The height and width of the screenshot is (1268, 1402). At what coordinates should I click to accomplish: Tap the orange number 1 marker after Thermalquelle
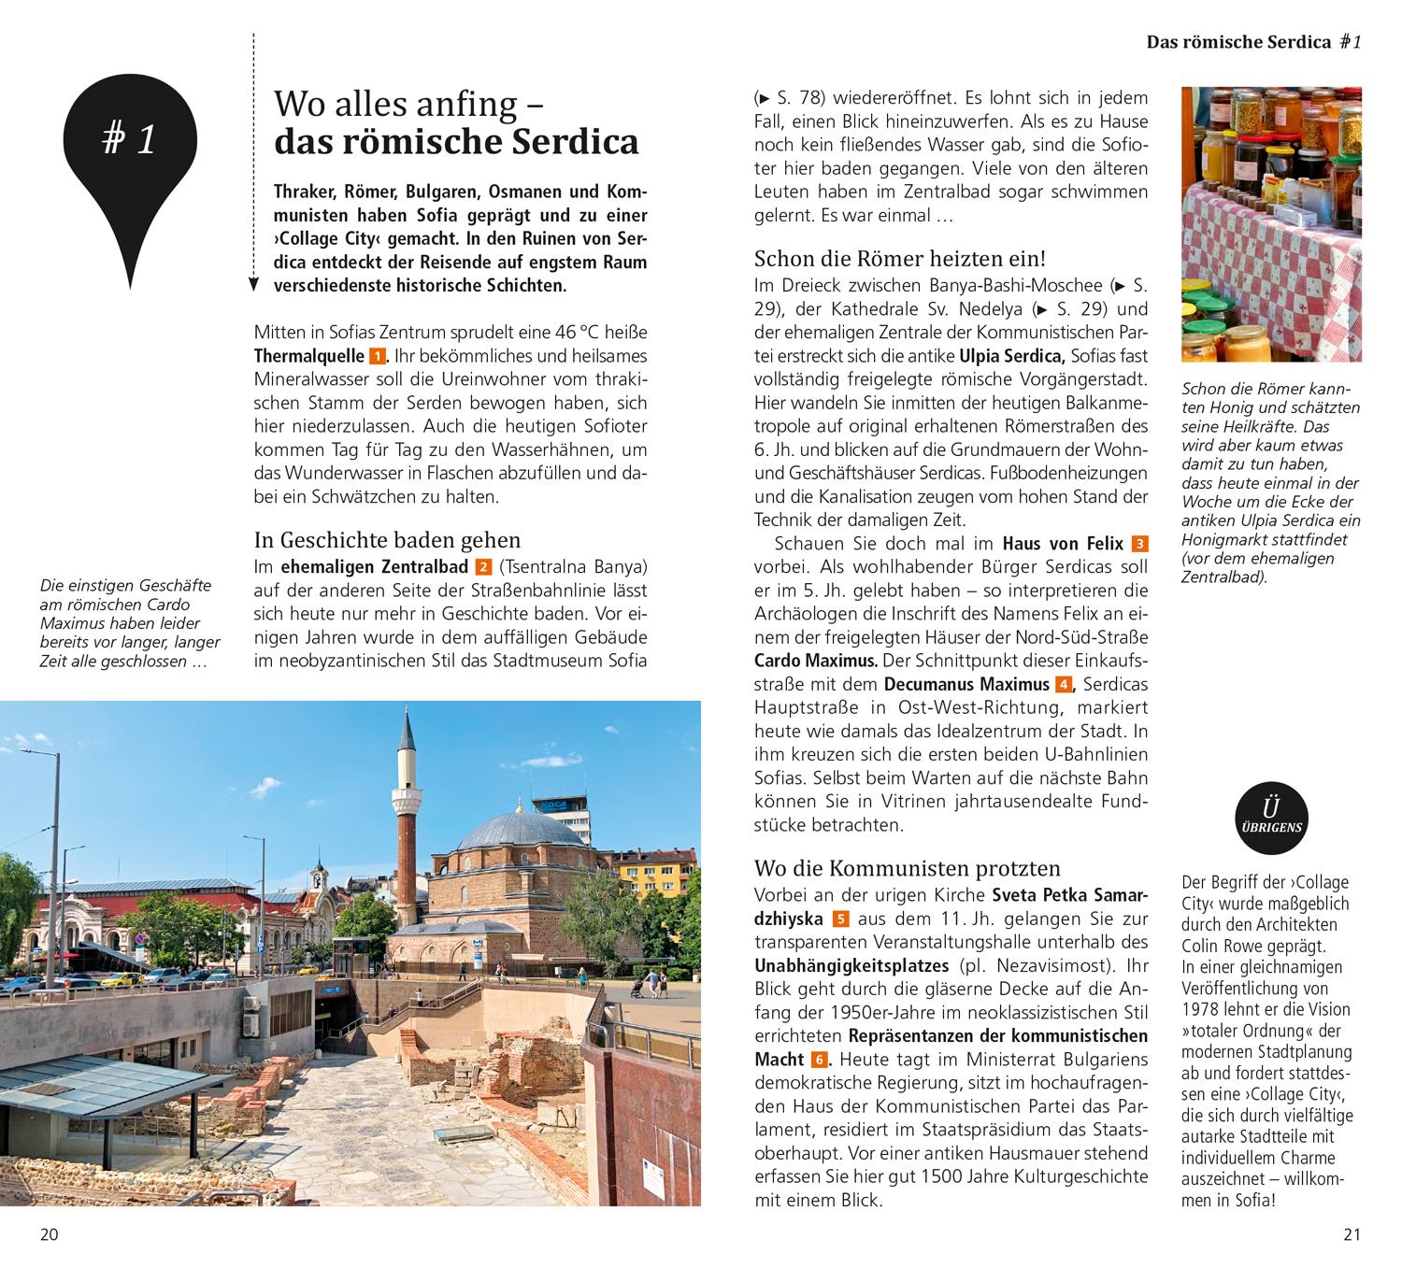pos(377,356)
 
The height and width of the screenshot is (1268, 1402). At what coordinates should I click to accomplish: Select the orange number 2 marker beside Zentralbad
pos(482,567)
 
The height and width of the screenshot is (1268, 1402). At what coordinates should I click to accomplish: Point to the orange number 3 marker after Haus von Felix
pos(1138,544)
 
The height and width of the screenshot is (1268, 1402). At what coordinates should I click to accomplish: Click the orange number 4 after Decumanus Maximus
pos(1063,684)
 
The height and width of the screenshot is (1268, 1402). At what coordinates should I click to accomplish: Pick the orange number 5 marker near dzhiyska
pos(840,919)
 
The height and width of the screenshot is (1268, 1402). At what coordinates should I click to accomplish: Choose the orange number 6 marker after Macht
pos(819,1060)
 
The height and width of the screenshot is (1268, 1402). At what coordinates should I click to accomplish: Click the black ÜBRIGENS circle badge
pos(1270,819)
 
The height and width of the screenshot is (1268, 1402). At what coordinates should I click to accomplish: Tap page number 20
pos(50,1234)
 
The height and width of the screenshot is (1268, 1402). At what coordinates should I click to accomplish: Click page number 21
pos(1352,1234)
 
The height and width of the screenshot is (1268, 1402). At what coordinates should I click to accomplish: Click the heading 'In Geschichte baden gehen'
pos(387,540)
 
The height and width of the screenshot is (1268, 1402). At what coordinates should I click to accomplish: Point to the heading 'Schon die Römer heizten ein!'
pos(899,259)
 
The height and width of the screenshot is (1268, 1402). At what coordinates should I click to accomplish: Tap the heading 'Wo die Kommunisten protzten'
pos(907,868)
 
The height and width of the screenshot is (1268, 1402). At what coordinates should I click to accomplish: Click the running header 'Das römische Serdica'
pos(1238,42)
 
